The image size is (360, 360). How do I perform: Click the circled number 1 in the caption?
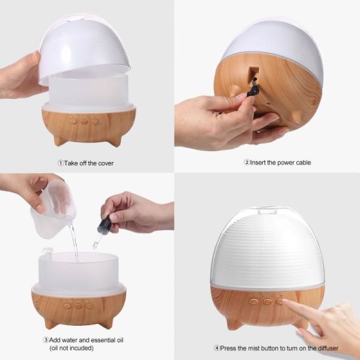tap(61, 163)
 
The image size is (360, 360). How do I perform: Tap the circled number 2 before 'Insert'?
tap(247, 163)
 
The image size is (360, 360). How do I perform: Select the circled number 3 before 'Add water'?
tap(46, 340)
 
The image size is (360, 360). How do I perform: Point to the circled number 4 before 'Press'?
tap(217, 348)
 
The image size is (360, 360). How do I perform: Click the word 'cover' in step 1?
tap(106, 163)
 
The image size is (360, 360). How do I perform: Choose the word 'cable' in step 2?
tap(304, 163)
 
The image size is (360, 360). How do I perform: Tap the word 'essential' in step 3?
tap(105, 340)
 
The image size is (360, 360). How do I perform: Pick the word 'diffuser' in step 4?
tap(328, 348)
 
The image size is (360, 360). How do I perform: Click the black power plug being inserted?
tap(253, 88)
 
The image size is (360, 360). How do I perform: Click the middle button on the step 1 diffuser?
tap(84, 122)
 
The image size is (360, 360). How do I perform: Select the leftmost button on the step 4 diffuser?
tap(253, 301)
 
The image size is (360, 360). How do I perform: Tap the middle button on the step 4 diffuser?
tap(268, 301)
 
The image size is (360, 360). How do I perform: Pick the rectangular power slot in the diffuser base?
tap(254, 71)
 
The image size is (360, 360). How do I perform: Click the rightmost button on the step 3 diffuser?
tap(89, 305)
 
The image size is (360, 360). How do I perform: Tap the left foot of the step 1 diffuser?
tap(59, 140)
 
